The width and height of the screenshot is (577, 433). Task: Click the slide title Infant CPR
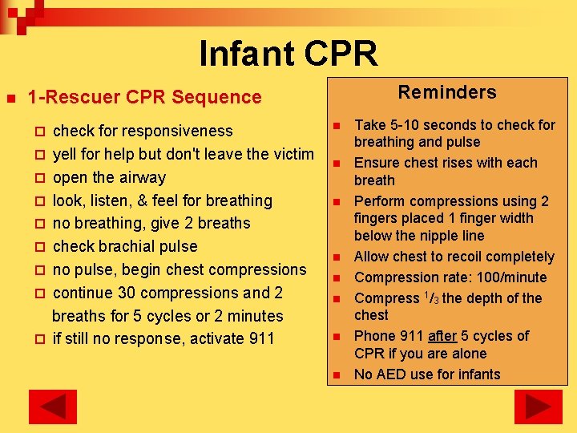click(x=288, y=54)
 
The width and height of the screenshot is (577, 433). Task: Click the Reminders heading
click(x=447, y=92)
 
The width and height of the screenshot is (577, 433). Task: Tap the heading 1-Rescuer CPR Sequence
click(x=144, y=98)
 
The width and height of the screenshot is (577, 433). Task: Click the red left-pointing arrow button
click(x=53, y=407)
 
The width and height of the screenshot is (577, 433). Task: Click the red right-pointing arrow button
click(x=538, y=407)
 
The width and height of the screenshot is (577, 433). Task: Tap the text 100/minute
click(x=509, y=277)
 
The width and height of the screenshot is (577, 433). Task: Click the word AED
click(x=393, y=374)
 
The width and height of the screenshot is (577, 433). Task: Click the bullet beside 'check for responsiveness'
click(x=41, y=132)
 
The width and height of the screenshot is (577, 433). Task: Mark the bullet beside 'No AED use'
click(x=337, y=375)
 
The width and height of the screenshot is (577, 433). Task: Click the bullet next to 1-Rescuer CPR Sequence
click(x=10, y=98)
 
